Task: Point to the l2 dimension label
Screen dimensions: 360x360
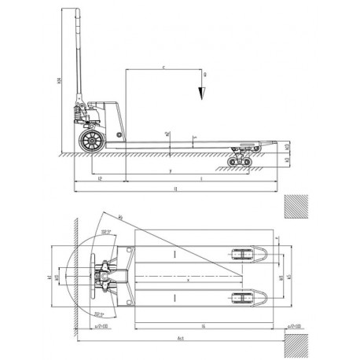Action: tap(98, 180)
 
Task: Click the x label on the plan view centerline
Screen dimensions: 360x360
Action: tap(189, 277)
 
